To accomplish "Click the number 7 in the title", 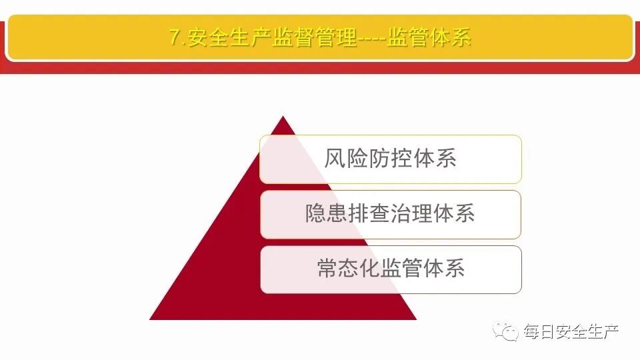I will (x=174, y=37).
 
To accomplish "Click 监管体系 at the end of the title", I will (x=429, y=37).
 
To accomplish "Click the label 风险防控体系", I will (x=390, y=159).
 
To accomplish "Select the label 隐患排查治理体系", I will (x=390, y=214).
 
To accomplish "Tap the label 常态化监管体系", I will (x=390, y=269).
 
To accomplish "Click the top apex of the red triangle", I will (x=283, y=118).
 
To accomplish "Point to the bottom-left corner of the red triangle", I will (x=151, y=319).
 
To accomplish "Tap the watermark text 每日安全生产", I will (x=571, y=331).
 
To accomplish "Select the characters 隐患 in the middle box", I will (x=327, y=214).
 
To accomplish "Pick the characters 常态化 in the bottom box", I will (x=348, y=269).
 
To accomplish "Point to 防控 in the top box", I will (x=390, y=159).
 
